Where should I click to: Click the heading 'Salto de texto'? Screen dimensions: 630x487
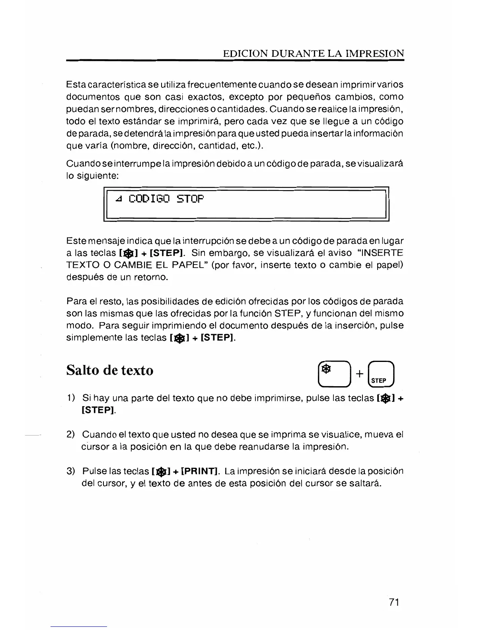(109, 370)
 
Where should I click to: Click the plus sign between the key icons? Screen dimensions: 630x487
(359, 374)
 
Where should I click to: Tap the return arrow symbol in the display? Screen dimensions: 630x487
(118, 200)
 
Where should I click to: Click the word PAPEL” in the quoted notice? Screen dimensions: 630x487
(186, 265)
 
